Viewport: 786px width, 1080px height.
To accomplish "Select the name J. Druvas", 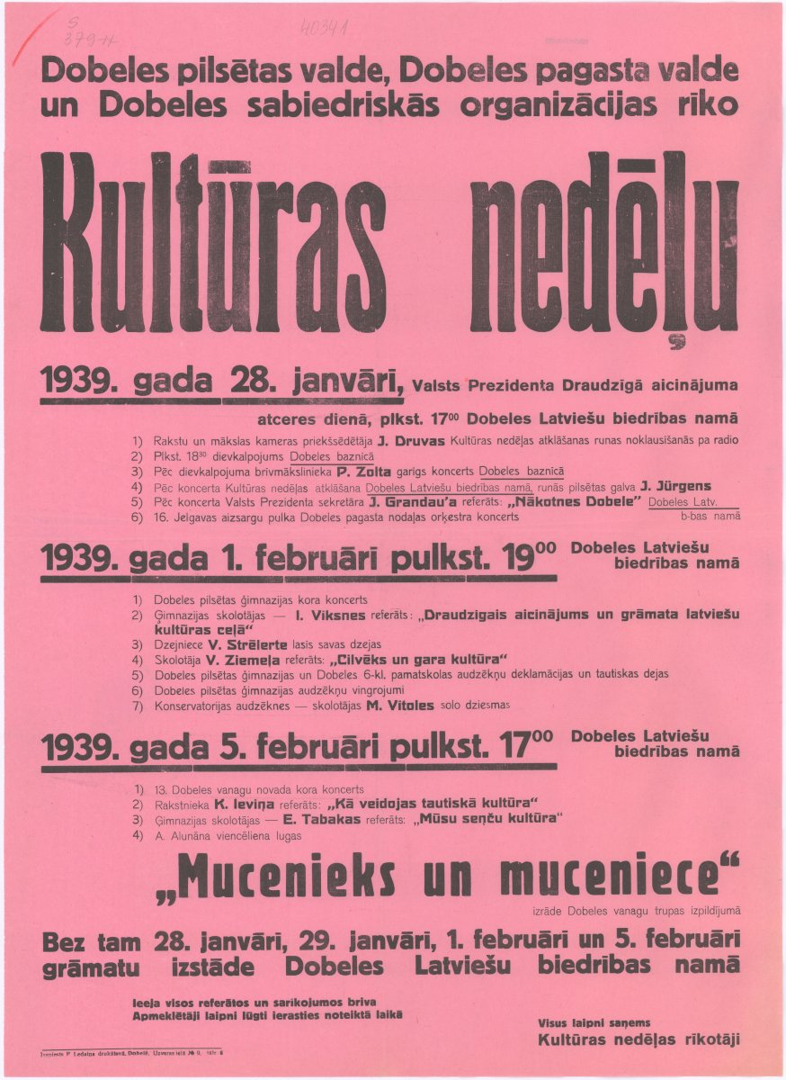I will coord(406,440).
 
